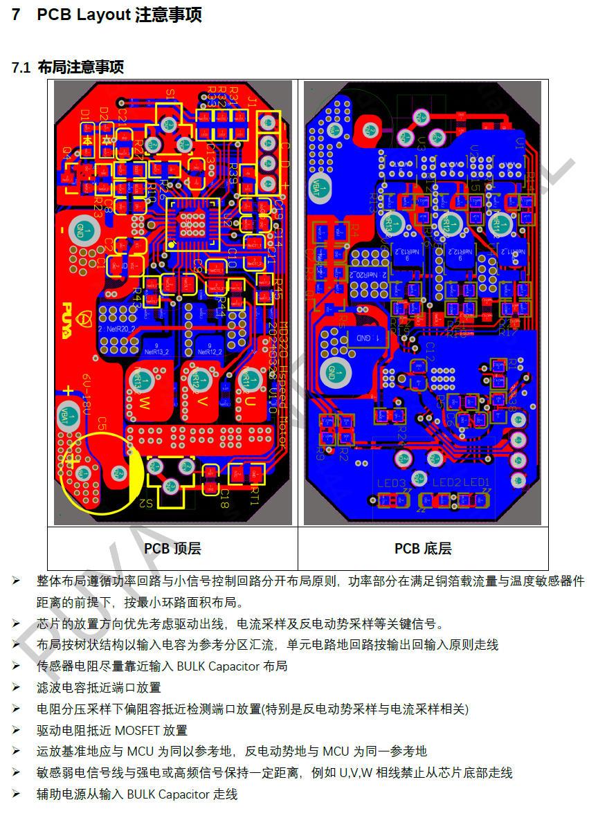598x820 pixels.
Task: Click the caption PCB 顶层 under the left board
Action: (172, 549)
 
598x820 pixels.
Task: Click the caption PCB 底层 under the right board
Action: (423, 549)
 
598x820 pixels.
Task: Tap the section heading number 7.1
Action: (21, 68)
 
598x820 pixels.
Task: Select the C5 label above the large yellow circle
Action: (101, 423)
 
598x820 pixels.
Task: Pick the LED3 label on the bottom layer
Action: (390, 482)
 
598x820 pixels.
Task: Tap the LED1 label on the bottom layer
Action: (476, 482)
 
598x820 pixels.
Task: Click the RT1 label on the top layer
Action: (255, 498)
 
